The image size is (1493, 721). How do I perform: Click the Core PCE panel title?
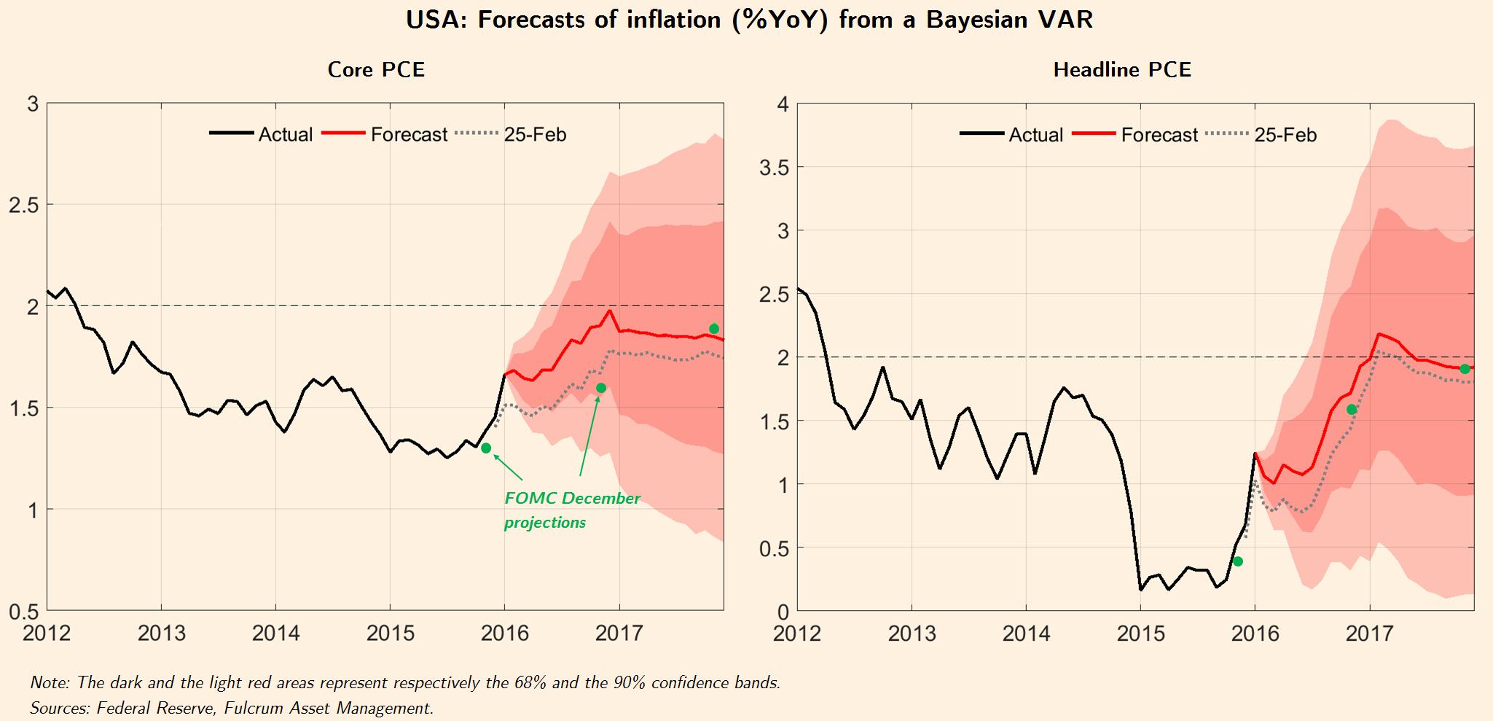click(x=376, y=69)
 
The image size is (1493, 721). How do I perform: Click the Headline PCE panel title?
click(x=1122, y=69)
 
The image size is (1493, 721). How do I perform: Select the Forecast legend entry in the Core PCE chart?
click(x=409, y=135)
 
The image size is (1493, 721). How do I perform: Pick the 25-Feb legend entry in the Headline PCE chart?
click(x=1285, y=136)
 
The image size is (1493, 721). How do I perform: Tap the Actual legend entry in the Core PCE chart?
click(x=285, y=135)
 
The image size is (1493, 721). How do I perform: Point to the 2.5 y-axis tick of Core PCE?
click(x=23, y=205)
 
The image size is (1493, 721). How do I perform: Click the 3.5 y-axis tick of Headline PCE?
click(x=774, y=168)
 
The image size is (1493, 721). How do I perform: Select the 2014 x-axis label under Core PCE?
click(x=275, y=633)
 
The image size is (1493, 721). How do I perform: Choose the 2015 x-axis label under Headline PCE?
click(x=1140, y=633)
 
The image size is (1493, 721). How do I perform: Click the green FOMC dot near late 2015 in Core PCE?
click(x=486, y=448)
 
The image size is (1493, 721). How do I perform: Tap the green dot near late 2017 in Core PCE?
click(x=714, y=329)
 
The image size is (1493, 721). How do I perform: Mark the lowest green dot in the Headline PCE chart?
click(x=1238, y=561)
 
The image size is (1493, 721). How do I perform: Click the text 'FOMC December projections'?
click(x=571, y=510)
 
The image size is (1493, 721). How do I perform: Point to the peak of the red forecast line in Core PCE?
click(x=610, y=311)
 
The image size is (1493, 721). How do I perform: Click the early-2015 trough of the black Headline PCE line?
click(x=1140, y=589)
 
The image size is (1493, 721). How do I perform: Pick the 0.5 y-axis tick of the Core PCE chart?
click(x=23, y=612)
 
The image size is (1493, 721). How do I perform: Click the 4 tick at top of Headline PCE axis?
click(x=783, y=104)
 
